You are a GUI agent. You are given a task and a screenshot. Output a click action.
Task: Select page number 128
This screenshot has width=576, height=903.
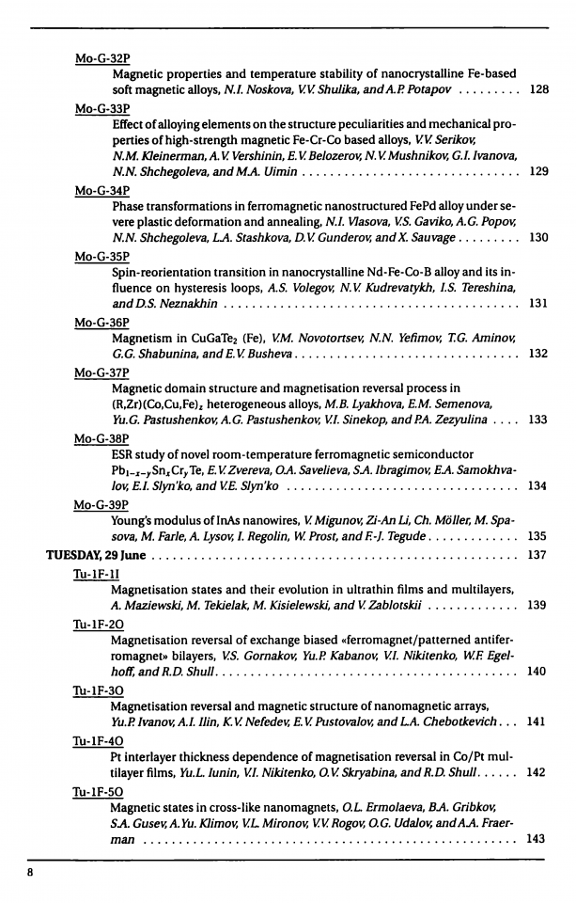539,90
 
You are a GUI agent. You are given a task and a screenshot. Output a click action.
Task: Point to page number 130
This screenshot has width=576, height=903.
539,238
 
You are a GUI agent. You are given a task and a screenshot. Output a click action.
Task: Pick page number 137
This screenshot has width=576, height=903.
538,554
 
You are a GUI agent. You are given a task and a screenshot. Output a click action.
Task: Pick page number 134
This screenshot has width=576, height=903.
538,486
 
